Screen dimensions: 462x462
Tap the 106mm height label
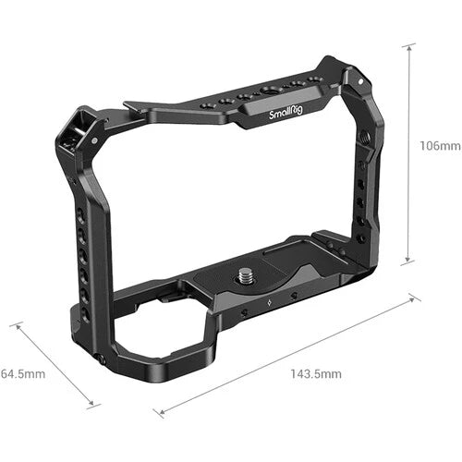pos(439,146)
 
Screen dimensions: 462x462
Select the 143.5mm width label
pos(316,373)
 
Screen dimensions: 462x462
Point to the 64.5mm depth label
pos(20,373)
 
